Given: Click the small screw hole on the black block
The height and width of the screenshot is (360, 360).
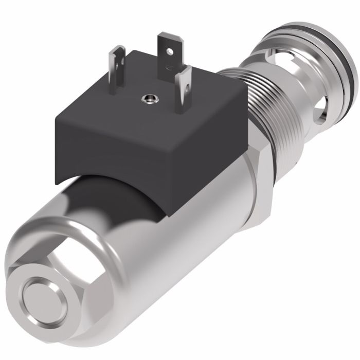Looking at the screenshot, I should click(150, 96).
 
